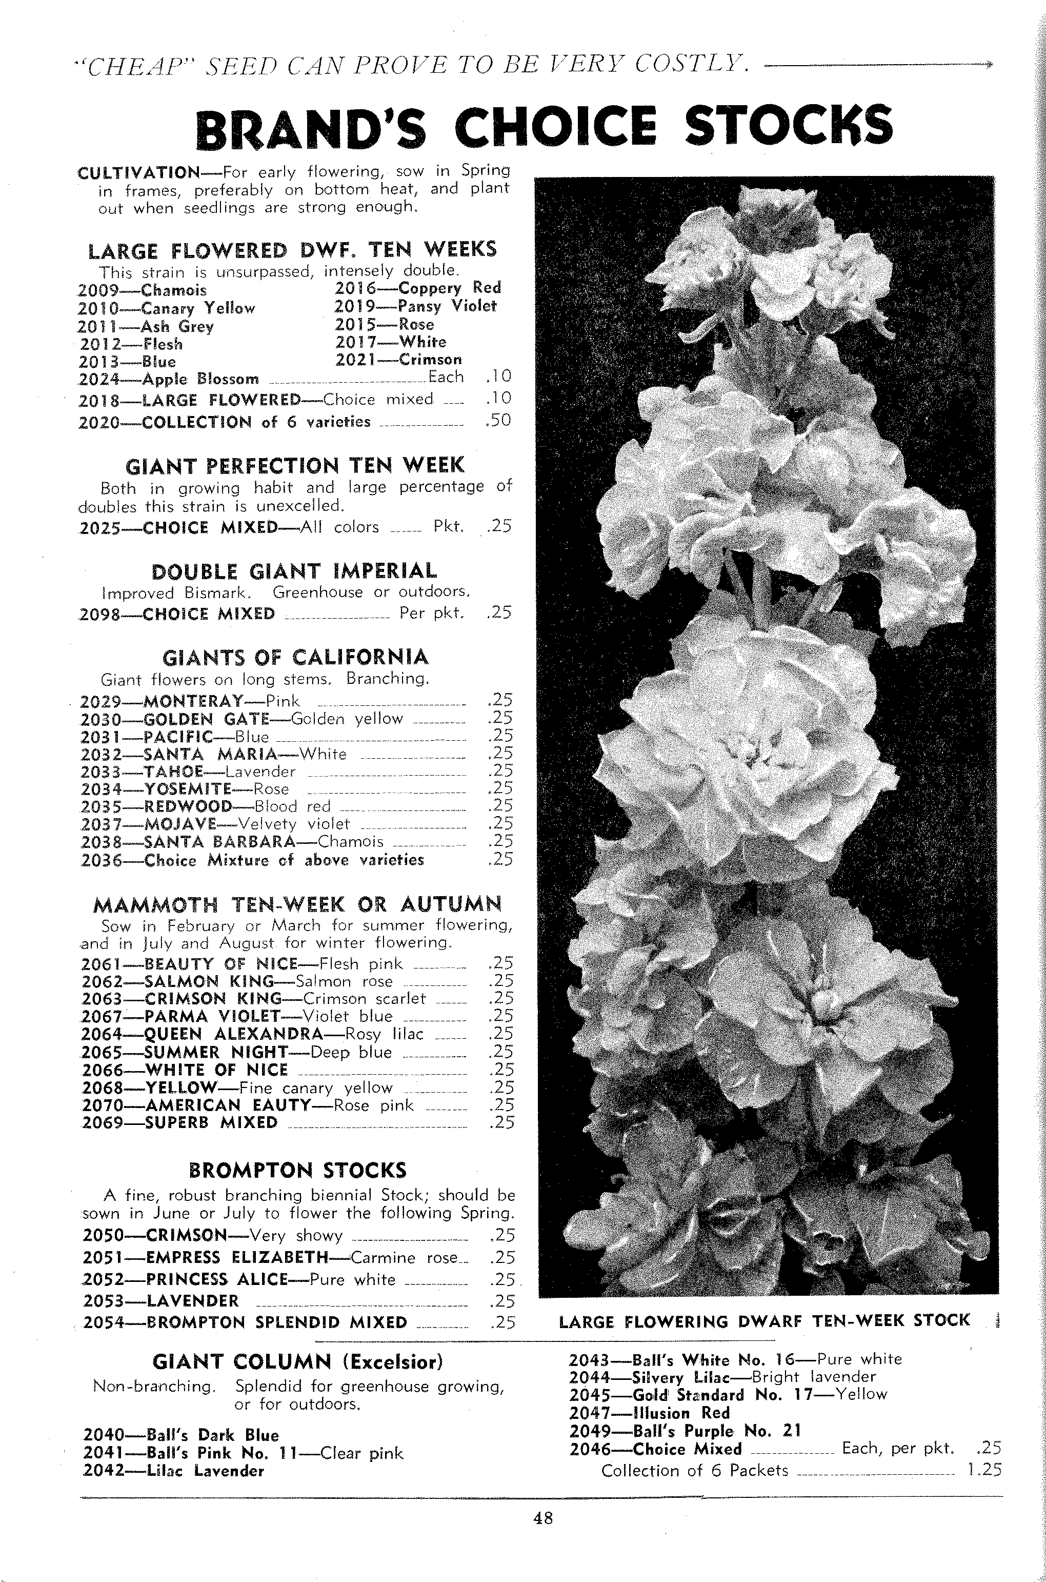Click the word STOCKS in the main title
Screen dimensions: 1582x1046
click(x=787, y=126)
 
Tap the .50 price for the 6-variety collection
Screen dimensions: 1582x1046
click(x=499, y=420)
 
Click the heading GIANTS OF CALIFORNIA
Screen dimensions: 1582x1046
click(x=295, y=658)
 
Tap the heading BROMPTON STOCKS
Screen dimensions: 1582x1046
click(x=297, y=1170)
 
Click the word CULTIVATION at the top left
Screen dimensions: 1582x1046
click(x=139, y=172)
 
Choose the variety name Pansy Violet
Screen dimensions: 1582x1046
click(x=447, y=306)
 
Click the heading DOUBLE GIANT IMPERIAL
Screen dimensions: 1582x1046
click(x=294, y=571)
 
